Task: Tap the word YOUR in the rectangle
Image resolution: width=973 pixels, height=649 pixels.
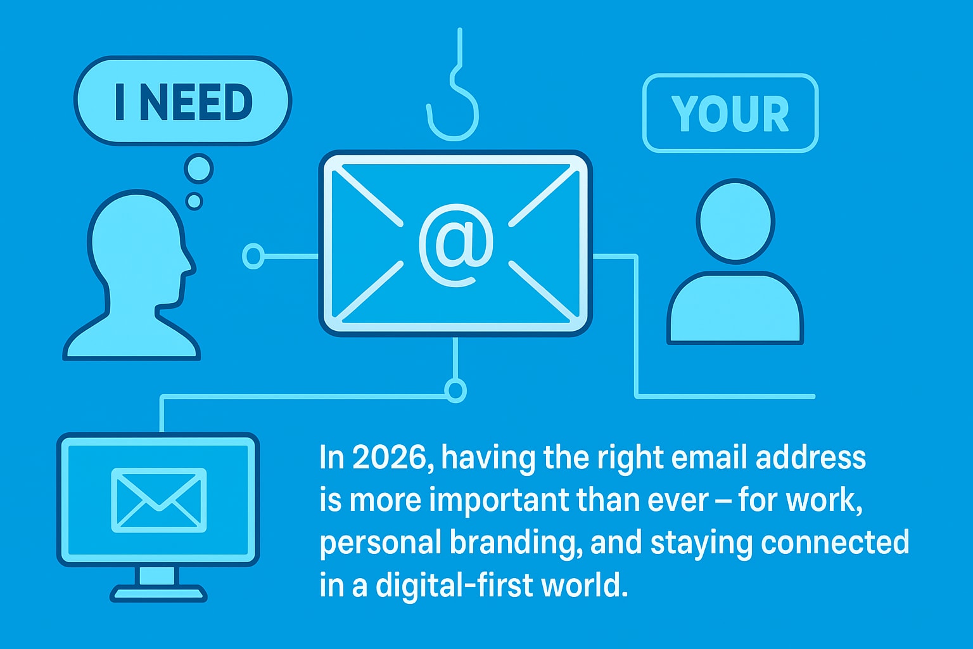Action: coord(730,114)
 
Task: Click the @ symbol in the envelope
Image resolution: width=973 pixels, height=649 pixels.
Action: coord(455,243)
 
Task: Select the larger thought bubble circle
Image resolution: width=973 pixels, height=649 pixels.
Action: coord(198,169)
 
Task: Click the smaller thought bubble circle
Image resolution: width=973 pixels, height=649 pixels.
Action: coord(194,202)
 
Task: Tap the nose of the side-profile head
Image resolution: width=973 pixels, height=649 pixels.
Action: coord(190,262)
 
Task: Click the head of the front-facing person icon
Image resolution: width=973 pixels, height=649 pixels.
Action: coord(735,221)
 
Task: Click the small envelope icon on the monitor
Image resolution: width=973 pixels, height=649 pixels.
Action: coord(159,499)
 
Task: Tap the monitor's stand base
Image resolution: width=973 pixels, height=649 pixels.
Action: coord(158,594)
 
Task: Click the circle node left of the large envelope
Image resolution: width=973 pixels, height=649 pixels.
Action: coord(253,256)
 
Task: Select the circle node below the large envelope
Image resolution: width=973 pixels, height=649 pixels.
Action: coord(455,390)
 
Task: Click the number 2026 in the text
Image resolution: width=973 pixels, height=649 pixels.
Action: coord(390,458)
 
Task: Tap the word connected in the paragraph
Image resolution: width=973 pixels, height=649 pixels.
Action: coord(835,543)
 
